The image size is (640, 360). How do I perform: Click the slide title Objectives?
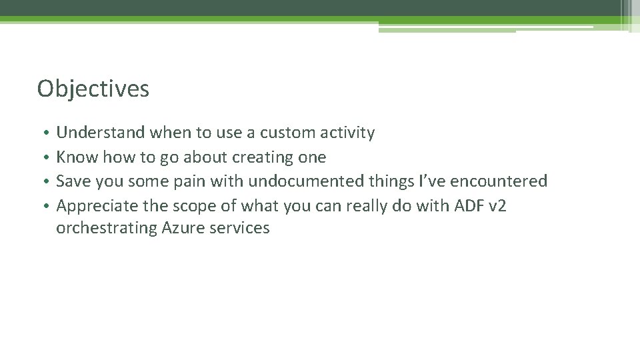pos(93,89)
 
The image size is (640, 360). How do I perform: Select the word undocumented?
pos(296,181)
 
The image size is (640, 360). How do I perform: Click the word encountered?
pos(499,181)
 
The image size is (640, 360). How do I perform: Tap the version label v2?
pos(498,206)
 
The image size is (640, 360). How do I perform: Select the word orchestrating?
pos(107,228)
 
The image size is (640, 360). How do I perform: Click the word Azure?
pos(183,228)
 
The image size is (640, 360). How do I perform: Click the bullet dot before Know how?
pos(43,158)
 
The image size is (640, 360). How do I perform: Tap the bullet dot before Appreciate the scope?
pos(43,207)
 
